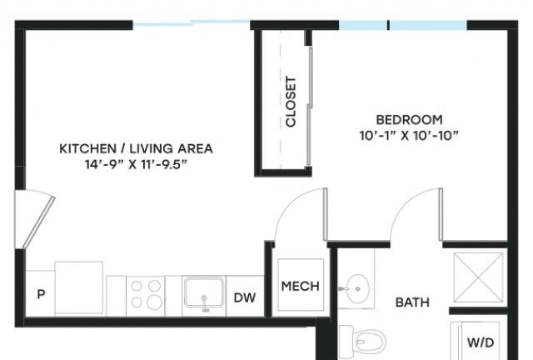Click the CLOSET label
pyautogui.click(x=291, y=102)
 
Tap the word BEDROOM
pyautogui.click(x=409, y=120)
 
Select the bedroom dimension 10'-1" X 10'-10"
pyautogui.click(x=409, y=136)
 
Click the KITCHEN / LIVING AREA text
pyautogui.click(x=136, y=148)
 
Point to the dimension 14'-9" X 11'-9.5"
pyautogui.click(x=136, y=165)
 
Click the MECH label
pyautogui.click(x=301, y=286)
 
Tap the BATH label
pyautogui.click(x=412, y=302)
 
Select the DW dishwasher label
pyautogui.click(x=245, y=297)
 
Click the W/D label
pyautogui.click(x=481, y=342)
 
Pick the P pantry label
pyautogui.click(x=41, y=294)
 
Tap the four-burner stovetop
pyautogui.click(x=146, y=295)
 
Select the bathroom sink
pyautogui.click(x=358, y=289)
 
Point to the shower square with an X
pyautogui.click(x=478, y=277)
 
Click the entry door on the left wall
pyautogui.click(x=38, y=222)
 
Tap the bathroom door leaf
pyautogui.click(x=441, y=214)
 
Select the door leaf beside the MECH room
pyautogui.click(x=325, y=214)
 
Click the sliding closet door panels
pyautogui.click(x=310, y=107)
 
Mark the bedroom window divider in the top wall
pyautogui.click(x=388, y=25)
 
